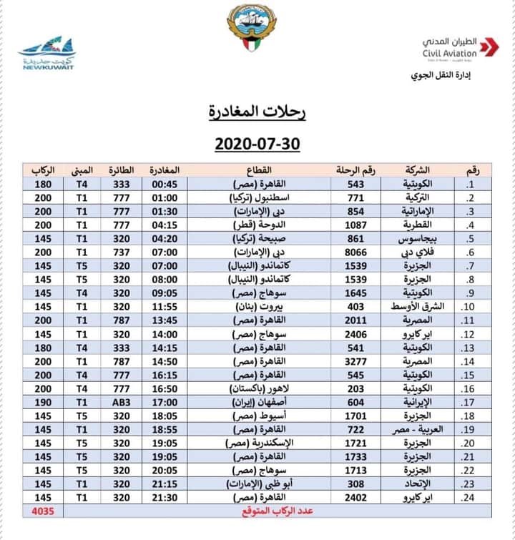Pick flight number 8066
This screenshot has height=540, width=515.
coord(355,252)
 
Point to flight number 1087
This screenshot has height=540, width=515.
coord(355,224)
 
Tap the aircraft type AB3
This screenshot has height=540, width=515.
coord(117,402)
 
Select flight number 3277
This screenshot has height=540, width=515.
coord(355,361)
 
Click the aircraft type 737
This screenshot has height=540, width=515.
coord(117,252)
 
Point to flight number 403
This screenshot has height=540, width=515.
coord(355,307)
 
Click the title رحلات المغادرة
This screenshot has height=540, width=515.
coord(257,111)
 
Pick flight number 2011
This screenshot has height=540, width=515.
coord(355,320)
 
